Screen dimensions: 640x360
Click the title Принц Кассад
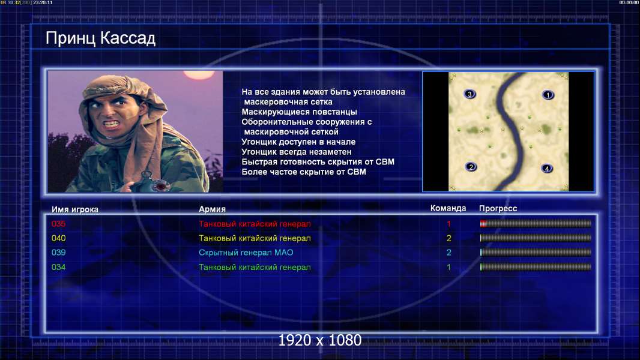coord(100,38)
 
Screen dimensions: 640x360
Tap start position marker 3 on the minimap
coord(469,94)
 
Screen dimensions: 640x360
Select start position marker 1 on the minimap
coord(548,95)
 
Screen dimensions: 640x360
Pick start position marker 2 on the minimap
coord(471,167)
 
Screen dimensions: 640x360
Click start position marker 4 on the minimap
coord(546,169)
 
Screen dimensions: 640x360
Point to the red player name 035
coord(58,224)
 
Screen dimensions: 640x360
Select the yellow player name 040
coord(58,238)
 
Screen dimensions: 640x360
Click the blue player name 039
coord(58,253)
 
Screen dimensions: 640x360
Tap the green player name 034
coord(58,267)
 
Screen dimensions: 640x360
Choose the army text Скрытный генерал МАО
coord(246,253)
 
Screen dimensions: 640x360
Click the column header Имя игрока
coord(74,209)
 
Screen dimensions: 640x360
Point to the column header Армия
coord(213,209)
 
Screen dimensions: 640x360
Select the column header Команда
coord(448,208)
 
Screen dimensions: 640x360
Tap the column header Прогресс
coord(498,209)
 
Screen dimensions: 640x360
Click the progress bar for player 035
coord(536,223)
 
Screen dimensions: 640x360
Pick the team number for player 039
coord(448,253)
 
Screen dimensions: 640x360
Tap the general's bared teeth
coord(110,123)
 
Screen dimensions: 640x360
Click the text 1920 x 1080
coord(319,340)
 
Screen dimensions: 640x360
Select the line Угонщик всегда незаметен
coord(297,152)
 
